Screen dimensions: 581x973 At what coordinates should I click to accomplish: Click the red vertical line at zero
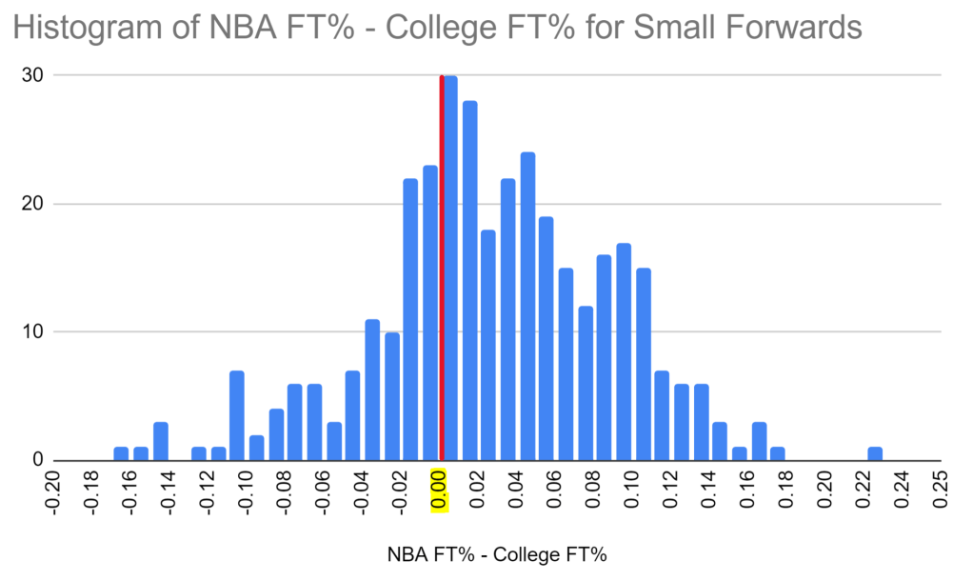[x=441, y=267]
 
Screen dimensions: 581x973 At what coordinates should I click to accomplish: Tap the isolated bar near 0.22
[x=875, y=453]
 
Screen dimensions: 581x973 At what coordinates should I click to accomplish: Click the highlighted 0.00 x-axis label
[x=439, y=491]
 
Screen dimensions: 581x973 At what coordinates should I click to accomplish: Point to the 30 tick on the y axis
[x=38, y=75]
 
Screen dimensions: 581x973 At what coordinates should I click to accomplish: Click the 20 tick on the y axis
[x=38, y=204]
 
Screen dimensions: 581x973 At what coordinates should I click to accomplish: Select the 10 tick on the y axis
[x=38, y=332]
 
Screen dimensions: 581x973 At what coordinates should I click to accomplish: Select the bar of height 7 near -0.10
[x=237, y=415]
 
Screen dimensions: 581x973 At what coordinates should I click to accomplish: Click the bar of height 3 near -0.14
[x=161, y=441]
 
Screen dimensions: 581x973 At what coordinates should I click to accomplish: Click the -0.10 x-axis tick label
[x=246, y=491]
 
